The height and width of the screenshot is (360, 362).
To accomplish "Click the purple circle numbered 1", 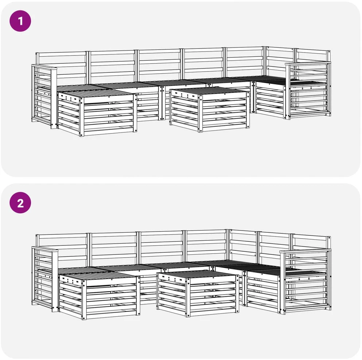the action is point(20,21).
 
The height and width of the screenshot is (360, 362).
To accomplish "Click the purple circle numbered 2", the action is point(20,203).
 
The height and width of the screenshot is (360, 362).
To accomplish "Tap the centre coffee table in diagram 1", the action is point(209,109).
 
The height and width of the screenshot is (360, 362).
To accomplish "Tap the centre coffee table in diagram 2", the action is point(198,293).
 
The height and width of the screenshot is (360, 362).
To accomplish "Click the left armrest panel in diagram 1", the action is point(44,96).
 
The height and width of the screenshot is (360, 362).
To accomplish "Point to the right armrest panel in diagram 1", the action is point(308,90).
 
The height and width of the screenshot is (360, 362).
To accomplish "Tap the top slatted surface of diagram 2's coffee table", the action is point(197,275).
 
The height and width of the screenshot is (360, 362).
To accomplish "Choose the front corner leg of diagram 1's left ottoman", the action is point(82,117).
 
